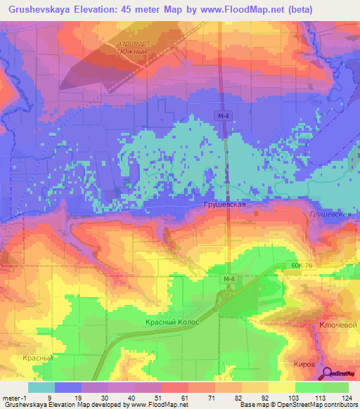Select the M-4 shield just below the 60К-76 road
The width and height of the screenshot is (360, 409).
click(x=228, y=280)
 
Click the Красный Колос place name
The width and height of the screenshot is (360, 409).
click(x=173, y=321)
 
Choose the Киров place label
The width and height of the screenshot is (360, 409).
click(x=304, y=364)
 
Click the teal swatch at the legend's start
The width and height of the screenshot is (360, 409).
click(x=41, y=387)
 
